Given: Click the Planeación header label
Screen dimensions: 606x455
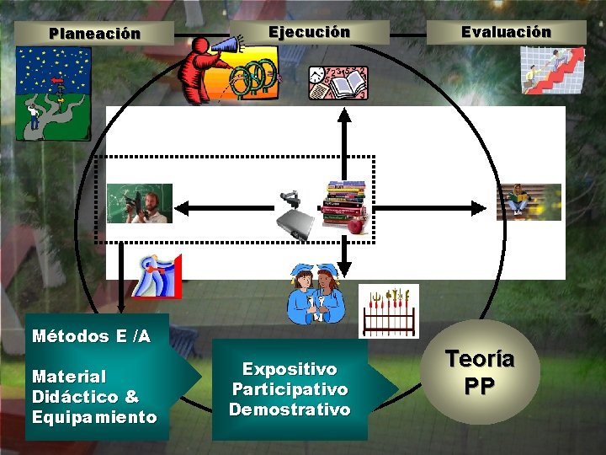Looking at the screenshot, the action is click(94, 35).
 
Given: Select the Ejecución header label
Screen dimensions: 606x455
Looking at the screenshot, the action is click(309, 32).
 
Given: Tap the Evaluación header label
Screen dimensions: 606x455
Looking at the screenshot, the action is click(506, 32).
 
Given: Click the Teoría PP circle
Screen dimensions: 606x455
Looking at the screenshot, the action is click(480, 372).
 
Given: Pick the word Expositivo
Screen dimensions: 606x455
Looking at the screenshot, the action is click(290, 369).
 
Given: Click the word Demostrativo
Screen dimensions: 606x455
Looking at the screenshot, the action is click(290, 409).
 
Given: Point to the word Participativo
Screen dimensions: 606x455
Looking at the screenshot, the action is click(290, 389).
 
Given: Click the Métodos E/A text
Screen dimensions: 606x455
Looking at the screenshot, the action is click(91, 336).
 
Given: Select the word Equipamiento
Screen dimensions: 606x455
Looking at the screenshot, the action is click(94, 417).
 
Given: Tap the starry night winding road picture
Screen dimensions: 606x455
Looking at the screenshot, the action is click(53, 93).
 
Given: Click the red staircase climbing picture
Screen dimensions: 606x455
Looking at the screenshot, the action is click(552, 69).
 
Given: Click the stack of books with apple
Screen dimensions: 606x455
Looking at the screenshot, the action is click(346, 207).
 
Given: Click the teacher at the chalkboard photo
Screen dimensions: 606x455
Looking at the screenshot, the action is click(139, 203).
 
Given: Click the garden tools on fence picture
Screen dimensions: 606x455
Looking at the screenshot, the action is click(388, 310).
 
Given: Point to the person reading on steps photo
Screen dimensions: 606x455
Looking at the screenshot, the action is click(528, 202).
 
